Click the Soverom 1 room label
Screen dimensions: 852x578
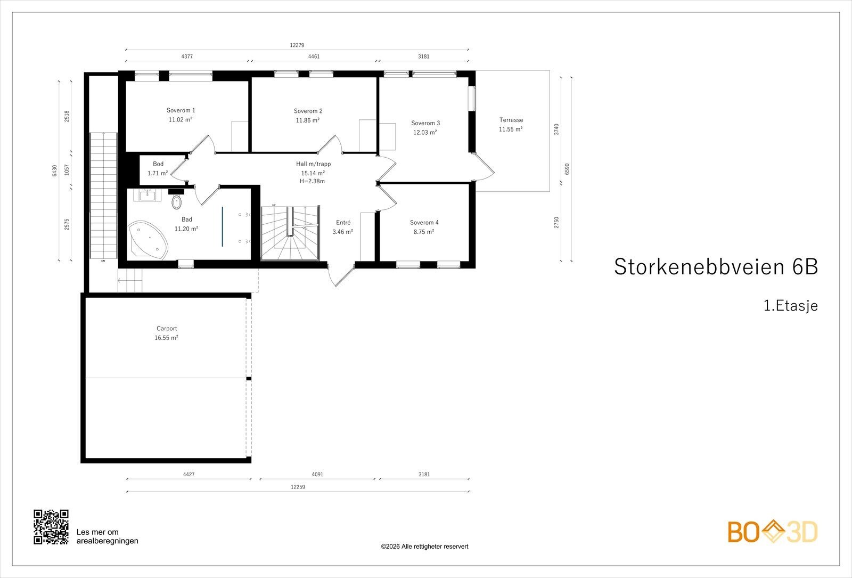point(181,110)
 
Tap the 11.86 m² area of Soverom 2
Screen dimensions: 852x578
point(308,120)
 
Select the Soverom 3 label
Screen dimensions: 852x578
point(425,123)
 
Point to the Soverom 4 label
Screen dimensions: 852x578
point(424,223)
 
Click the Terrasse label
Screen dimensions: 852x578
point(511,120)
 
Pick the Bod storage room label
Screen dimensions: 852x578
point(158,164)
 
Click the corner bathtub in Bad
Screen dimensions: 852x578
point(148,240)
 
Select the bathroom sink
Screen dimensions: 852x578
point(147,195)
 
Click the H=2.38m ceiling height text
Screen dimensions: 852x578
point(312,182)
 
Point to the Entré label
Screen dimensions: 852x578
point(343,223)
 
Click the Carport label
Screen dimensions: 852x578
point(167,328)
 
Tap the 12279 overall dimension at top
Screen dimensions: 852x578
point(297,45)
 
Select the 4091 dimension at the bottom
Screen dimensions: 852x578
point(317,474)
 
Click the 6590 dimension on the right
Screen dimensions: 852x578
point(567,169)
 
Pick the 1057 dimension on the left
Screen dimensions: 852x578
point(67,170)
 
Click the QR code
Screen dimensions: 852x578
point(51,527)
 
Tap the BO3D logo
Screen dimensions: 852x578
point(773,532)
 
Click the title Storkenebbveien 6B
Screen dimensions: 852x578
point(716,267)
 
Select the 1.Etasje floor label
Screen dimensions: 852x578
point(791,306)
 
